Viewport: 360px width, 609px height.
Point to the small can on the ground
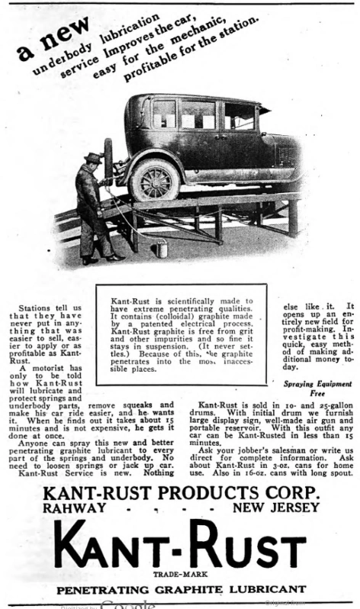pos(159,248)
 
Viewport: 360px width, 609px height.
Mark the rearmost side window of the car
pos(164,114)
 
